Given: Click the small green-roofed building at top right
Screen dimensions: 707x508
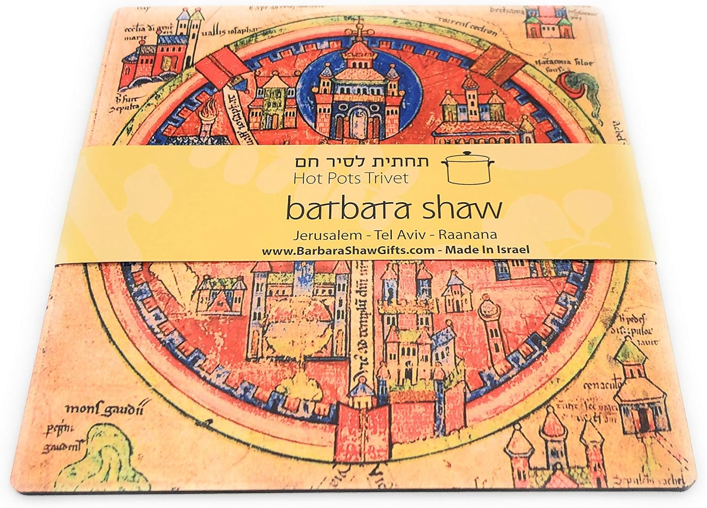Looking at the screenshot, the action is coord(543,21).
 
